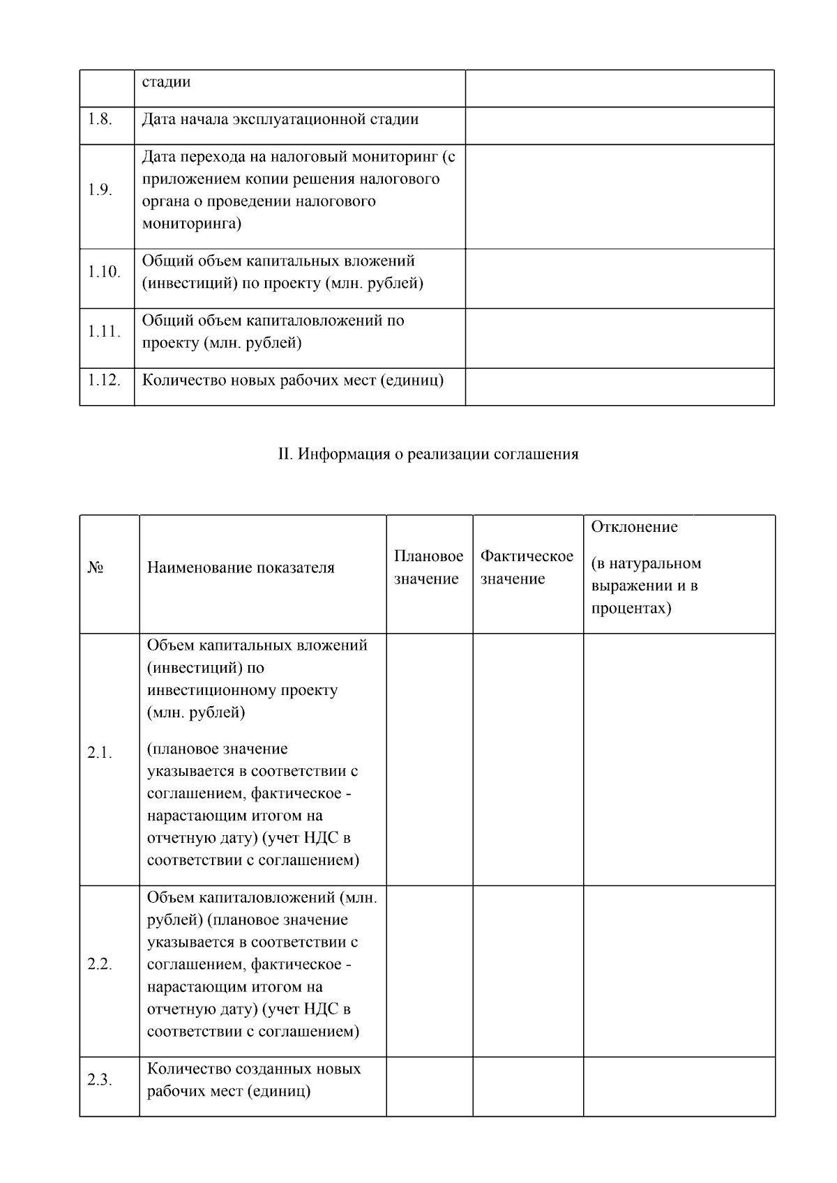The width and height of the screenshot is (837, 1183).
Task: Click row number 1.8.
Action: pos(100,119)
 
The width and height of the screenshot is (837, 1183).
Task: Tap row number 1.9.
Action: pos(100,190)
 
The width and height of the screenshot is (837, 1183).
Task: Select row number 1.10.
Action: pos(104,272)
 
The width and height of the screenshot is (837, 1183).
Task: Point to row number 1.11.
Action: pos(104,332)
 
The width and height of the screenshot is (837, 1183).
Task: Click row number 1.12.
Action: pos(104,380)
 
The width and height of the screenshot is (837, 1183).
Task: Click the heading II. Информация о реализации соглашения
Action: pos(428,455)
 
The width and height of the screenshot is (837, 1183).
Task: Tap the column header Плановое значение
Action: pos(428,567)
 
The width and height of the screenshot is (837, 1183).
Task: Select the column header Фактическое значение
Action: pos(527,567)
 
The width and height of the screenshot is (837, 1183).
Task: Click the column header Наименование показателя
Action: pos(241,567)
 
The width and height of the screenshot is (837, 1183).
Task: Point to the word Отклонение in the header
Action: pos(634,527)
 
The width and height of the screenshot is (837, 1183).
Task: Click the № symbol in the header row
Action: pos(96,568)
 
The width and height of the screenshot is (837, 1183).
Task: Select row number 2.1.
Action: pos(100,753)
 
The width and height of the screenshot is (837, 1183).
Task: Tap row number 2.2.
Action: pos(100,965)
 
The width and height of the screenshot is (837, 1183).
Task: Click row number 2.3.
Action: pos(100,1080)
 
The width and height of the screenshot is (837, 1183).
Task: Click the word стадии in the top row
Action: pos(166,82)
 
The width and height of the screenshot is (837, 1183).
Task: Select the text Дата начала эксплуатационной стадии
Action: pos(280,119)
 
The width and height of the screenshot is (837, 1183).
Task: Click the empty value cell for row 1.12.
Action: pos(619,386)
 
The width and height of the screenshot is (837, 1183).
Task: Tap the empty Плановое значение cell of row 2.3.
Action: pos(429,1086)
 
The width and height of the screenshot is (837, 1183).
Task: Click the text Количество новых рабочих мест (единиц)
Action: pos(293,380)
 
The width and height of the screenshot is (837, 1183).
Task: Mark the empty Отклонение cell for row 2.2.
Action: pos(679,971)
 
